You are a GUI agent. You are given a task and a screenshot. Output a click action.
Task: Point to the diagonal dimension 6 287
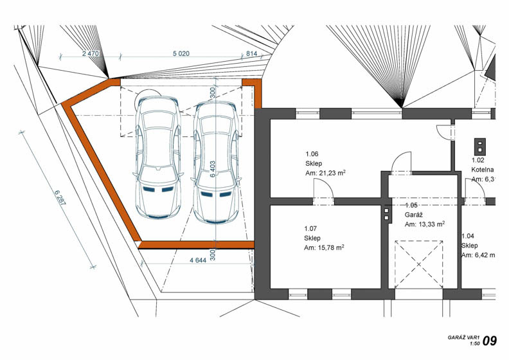point(58,200)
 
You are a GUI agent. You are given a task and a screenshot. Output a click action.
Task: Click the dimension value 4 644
point(202,260)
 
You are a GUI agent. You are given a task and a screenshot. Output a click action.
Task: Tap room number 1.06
point(311,154)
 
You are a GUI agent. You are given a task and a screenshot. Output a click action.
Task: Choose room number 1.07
point(311,228)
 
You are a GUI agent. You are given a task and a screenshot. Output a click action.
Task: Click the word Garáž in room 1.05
point(414,215)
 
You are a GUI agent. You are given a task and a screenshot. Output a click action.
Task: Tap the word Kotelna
point(483,170)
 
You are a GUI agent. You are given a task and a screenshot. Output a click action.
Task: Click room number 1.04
point(469,237)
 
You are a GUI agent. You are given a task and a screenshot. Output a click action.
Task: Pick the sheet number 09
point(490,340)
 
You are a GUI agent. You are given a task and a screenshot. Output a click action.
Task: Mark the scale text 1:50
point(474,344)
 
